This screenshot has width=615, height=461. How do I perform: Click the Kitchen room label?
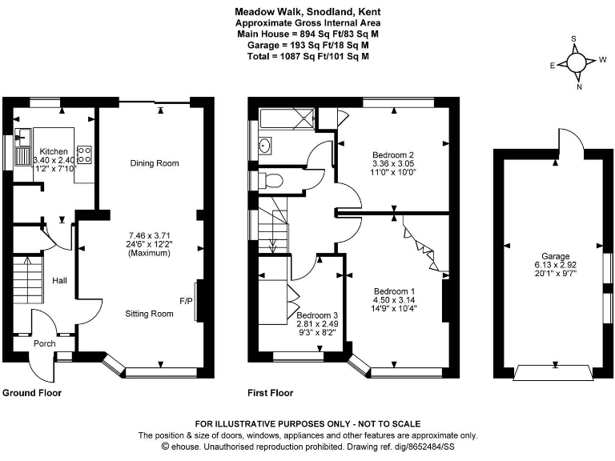click(54, 151)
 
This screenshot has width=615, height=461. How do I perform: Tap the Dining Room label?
click(155, 163)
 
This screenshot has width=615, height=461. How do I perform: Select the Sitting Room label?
click(150, 314)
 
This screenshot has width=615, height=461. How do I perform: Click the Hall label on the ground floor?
click(60, 281)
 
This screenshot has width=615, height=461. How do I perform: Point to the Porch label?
click(44, 345)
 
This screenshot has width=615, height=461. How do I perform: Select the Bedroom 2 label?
click(392, 154)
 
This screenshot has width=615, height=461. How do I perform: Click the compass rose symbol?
click(577, 62)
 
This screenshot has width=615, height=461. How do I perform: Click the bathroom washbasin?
click(264, 146)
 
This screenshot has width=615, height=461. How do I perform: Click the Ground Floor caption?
click(32, 393)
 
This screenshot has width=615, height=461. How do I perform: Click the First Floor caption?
click(271, 393)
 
